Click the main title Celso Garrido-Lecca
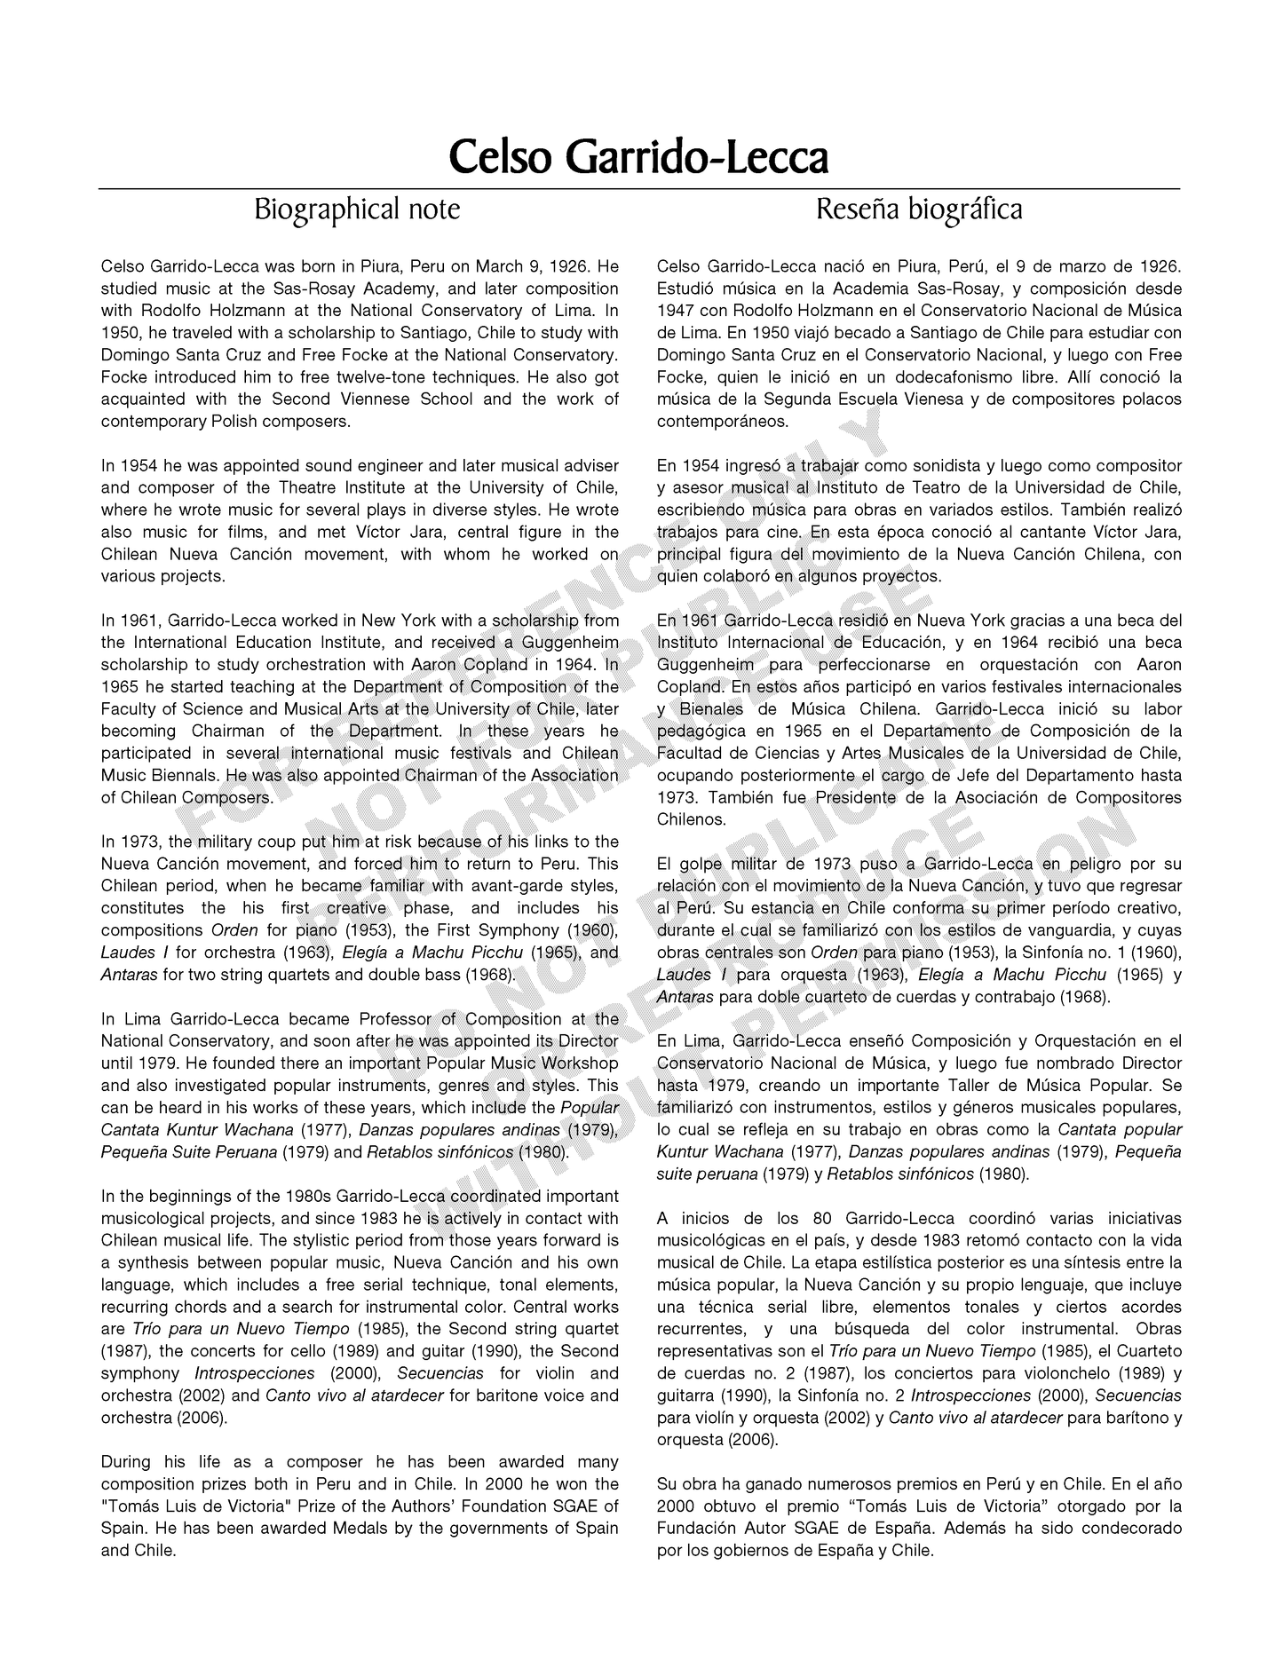[x=638, y=157]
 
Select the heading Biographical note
[x=357, y=209]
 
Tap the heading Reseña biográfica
[x=919, y=209]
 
